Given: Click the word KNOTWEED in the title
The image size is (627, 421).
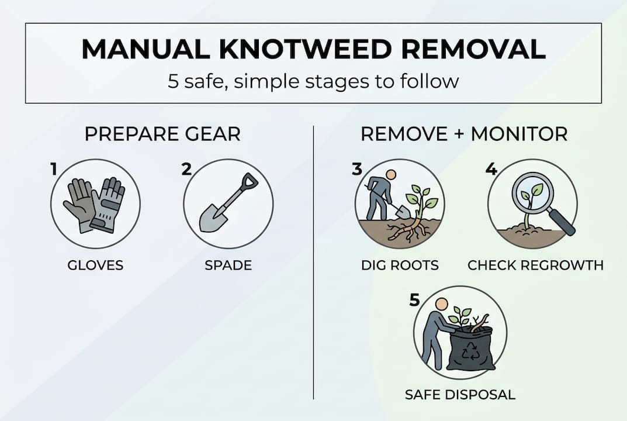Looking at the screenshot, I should pos(313,50).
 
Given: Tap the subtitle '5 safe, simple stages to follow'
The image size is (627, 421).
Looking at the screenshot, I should pos(313,81).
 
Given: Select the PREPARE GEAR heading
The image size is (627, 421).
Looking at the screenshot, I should pos(162,134).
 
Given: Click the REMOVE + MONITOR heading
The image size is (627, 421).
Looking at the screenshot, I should pos(463,134).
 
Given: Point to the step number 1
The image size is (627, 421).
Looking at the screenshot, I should pos(54,170).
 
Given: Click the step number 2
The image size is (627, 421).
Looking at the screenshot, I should pos(186,170).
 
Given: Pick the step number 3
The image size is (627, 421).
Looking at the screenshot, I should pos(357,170).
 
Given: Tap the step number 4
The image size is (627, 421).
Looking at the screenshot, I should pos(491,170).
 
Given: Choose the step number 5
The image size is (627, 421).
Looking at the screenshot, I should pos(414,300).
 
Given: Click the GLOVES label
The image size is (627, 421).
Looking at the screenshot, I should pos(95,265).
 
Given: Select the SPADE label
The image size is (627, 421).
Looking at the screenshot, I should pos(228,265).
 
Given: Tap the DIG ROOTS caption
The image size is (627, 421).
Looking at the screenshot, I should pos(400,265).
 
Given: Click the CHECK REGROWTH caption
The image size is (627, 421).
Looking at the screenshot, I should pos(535,265).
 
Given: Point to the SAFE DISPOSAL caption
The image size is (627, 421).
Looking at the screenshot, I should pos(460,395).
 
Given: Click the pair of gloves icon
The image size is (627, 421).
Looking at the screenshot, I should pos(95,205).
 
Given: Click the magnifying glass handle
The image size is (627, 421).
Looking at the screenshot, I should pos(562,222).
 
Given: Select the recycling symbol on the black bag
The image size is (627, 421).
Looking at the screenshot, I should pos(470,353).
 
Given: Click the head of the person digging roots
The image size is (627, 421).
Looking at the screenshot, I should pos(391,175).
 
